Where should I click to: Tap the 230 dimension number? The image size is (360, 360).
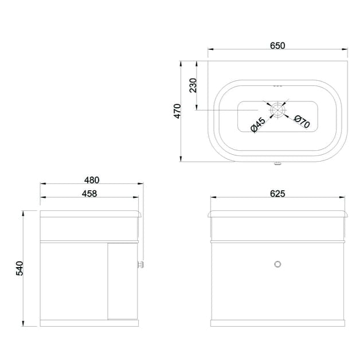pos(193,85)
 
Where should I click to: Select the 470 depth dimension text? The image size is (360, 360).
pos(178,111)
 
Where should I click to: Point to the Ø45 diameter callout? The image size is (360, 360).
pos(258,124)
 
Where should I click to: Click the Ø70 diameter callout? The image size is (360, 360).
pos(302,121)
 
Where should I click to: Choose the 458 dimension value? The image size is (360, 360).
pos(89,194)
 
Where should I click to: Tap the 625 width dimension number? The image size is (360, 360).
pos(277,194)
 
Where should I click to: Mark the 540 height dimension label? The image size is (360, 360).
pos(19,268)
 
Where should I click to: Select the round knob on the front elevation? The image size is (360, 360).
pos(278,264)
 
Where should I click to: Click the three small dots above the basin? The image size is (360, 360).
pos(278,86)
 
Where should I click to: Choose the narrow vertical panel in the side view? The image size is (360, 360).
pos(123,280)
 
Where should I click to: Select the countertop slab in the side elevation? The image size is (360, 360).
pos(89,214)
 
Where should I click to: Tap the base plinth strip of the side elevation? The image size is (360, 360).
pos(89,323)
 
